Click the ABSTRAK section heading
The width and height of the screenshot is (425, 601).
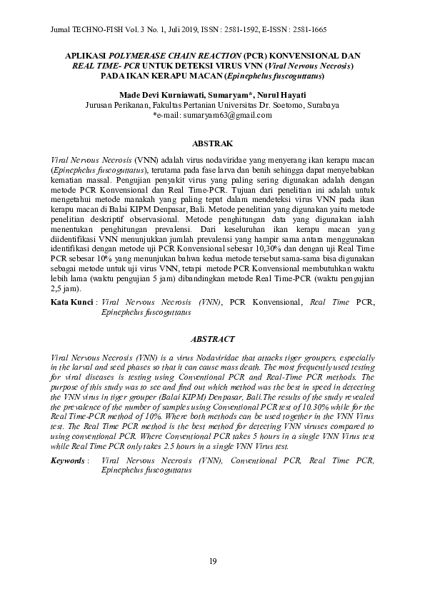coord(212,143)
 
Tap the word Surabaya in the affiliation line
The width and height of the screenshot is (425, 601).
coord(319,104)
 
